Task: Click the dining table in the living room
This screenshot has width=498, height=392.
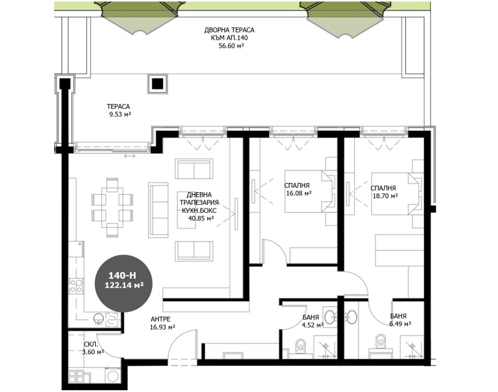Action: coord(112,207)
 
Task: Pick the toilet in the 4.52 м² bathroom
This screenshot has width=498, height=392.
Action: coord(301,343)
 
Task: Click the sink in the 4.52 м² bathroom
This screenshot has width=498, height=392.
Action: coord(331,317)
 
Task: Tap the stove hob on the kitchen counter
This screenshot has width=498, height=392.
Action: coord(76,287)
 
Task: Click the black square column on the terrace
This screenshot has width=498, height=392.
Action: coord(157,83)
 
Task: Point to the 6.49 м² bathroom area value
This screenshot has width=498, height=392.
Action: coord(400,324)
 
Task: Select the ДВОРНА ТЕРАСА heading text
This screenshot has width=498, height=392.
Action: coord(229,30)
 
